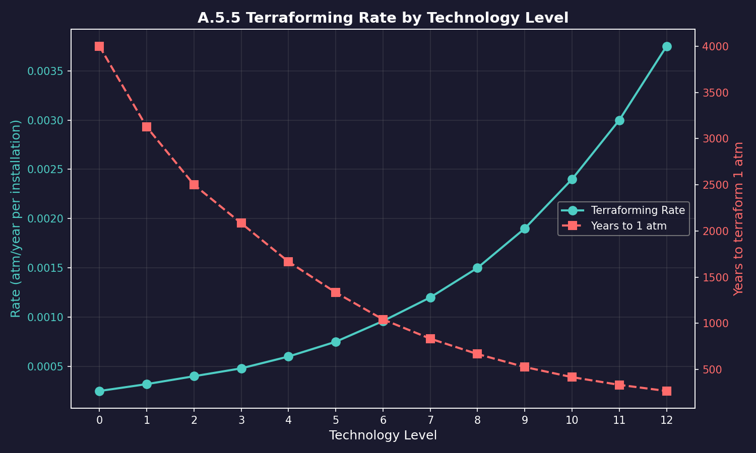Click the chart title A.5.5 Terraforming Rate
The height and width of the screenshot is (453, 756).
coord(383,18)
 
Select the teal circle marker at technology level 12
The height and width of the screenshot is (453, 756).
coord(667,46)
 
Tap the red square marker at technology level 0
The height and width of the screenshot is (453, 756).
coord(99,46)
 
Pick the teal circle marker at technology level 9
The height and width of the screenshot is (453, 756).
coord(525,229)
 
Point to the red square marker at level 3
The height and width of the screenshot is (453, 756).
coord(241,223)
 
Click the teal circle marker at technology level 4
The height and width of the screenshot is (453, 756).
coord(288,356)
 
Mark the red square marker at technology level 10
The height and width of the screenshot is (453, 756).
coord(572,377)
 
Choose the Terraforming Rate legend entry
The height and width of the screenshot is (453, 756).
coord(638,210)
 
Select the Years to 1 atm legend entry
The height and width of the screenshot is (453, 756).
coord(628,226)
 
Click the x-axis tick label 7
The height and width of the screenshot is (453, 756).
coord(430,420)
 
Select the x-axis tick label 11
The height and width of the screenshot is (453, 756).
coord(619,420)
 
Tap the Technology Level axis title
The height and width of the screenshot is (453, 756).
coord(383,435)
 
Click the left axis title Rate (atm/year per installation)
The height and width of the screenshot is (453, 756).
coord(16,218)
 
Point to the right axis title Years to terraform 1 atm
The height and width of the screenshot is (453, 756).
coord(738,218)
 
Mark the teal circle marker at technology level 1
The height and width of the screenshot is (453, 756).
coord(147,384)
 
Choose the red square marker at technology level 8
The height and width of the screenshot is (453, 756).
coord(477,354)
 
